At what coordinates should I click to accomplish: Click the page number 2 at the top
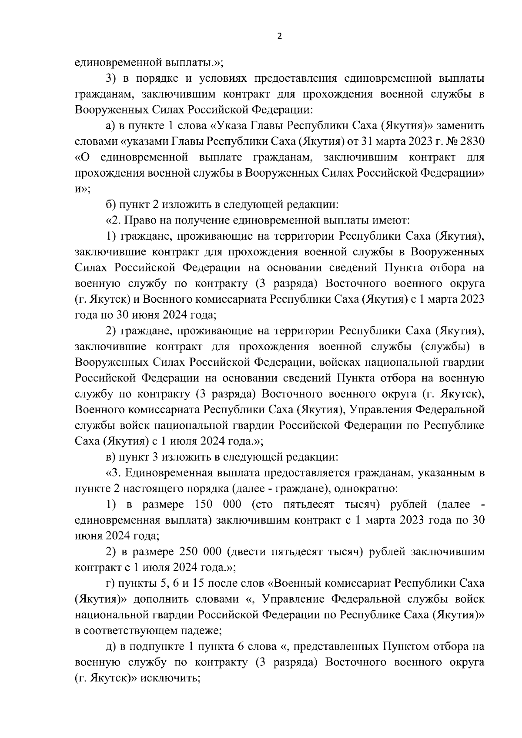(x=279, y=37)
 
